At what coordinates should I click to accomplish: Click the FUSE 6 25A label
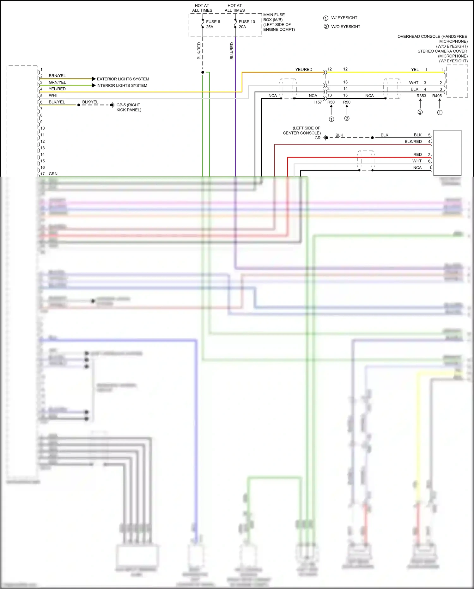click(213, 24)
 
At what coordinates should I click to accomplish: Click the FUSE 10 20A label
click(246, 24)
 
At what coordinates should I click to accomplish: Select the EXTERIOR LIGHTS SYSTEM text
click(123, 79)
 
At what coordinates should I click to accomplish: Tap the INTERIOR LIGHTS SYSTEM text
click(122, 85)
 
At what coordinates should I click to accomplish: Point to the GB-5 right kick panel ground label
click(129, 107)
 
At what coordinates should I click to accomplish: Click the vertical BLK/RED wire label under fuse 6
click(199, 51)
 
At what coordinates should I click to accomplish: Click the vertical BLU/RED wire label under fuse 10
click(232, 51)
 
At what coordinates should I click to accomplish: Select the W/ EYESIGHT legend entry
click(344, 18)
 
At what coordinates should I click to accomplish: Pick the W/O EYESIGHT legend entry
click(345, 27)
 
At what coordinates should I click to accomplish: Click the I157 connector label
click(318, 102)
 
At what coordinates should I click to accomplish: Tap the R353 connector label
click(421, 96)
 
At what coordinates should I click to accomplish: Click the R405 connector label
click(437, 96)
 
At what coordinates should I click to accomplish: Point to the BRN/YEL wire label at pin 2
click(57, 76)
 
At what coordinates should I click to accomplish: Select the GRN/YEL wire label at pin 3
click(57, 82)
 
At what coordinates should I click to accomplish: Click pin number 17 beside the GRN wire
click(43, 174)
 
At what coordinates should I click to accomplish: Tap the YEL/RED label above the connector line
click(304, 69)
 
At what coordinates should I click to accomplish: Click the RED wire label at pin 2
click(417, 154)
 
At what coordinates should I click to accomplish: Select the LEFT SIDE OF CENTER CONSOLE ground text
click(302, 130)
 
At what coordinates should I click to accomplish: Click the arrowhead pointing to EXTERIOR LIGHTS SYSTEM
click(94, 79)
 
